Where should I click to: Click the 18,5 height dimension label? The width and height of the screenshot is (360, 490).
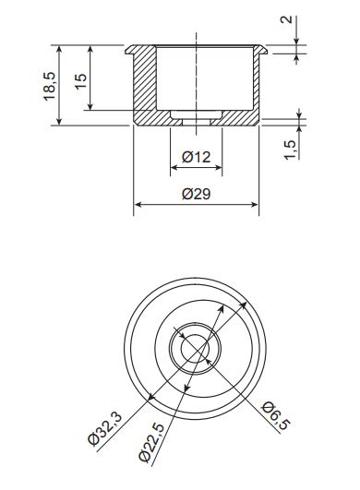point(49,86)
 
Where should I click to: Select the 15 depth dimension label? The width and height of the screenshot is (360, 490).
point(80,81)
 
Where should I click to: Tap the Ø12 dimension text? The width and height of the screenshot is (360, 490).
point(197,157)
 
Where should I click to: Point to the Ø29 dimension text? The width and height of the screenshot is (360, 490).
point(197,194)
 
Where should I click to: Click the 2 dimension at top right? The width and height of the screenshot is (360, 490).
point(286,19)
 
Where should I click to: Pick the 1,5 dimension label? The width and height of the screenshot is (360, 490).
point(290,150)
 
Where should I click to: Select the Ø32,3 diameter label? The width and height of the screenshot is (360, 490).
point(104,429)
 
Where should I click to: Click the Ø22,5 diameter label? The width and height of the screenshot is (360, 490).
point(151,442)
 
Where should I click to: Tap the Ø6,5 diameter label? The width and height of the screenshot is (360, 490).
point(276,416)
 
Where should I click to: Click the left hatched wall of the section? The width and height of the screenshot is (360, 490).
point(145,78)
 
